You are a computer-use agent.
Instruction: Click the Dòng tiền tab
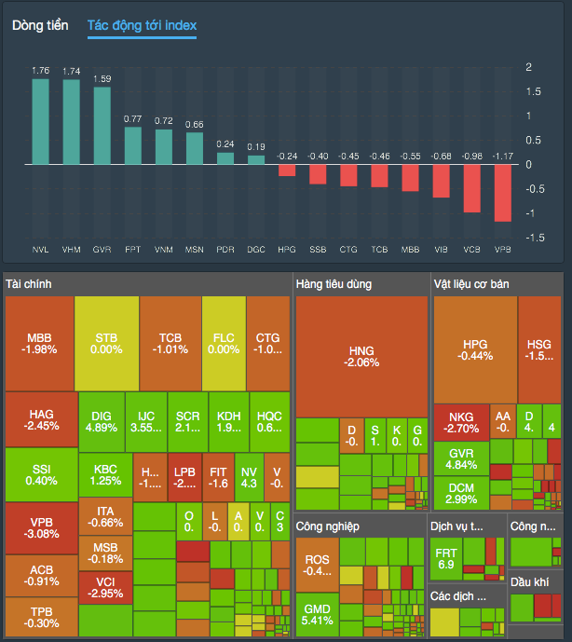click(40, 26)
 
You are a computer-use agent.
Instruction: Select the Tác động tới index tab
click(142, 26)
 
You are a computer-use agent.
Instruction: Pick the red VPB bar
click(503, 193)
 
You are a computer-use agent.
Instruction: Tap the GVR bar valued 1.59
click(102, 126)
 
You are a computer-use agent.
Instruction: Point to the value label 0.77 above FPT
click(132, 118)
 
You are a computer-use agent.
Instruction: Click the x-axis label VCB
click(472, 250)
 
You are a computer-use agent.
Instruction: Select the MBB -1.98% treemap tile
click(40, 343)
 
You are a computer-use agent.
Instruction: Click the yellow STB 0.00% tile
click(105, 343)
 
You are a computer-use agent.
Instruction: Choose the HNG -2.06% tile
click(361, 356)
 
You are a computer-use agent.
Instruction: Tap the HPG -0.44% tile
click(475, 349)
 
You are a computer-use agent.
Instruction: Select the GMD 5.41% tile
click(317, 614)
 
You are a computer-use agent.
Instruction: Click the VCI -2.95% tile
click(104, 586)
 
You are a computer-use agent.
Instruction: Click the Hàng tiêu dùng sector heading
click(333, 283)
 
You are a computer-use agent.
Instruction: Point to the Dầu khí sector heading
click(529, 581)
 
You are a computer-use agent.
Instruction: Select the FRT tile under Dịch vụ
click(445, 558)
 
